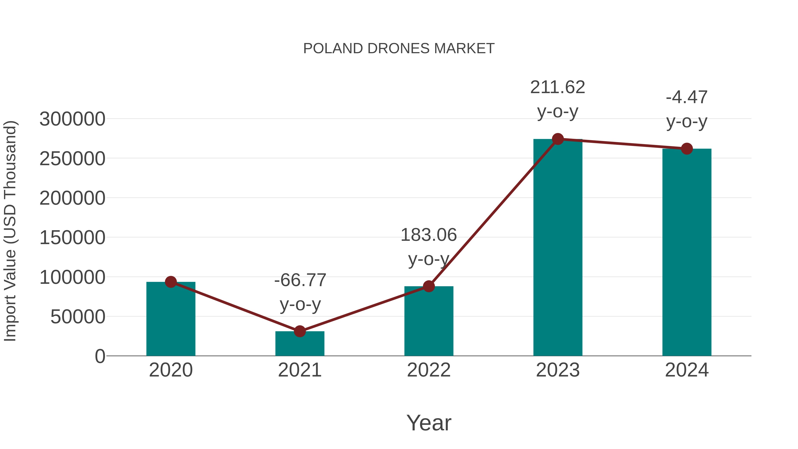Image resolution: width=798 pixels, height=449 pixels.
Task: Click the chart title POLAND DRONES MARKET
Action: (399, 49)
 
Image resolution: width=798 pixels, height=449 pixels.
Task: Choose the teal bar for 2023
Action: (558, 248)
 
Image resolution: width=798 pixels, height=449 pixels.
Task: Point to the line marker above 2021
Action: (299, 331)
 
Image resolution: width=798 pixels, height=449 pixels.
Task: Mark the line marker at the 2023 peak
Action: (558, 139)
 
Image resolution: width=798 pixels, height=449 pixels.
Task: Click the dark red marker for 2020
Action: (171, 282)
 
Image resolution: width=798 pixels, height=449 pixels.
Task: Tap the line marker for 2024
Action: (687, 149)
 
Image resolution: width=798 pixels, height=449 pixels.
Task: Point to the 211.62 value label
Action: (558, 87)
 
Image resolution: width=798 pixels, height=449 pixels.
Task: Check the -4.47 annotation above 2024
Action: (687, 98)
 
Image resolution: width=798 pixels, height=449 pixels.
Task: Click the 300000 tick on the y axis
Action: (72, 119)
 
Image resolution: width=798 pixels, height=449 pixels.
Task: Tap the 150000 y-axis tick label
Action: (72, 238)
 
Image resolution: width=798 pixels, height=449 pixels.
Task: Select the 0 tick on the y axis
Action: (100, 356)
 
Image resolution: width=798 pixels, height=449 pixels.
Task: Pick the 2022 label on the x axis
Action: (429, 370)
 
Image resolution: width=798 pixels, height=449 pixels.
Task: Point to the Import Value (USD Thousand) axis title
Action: (10, 231)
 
